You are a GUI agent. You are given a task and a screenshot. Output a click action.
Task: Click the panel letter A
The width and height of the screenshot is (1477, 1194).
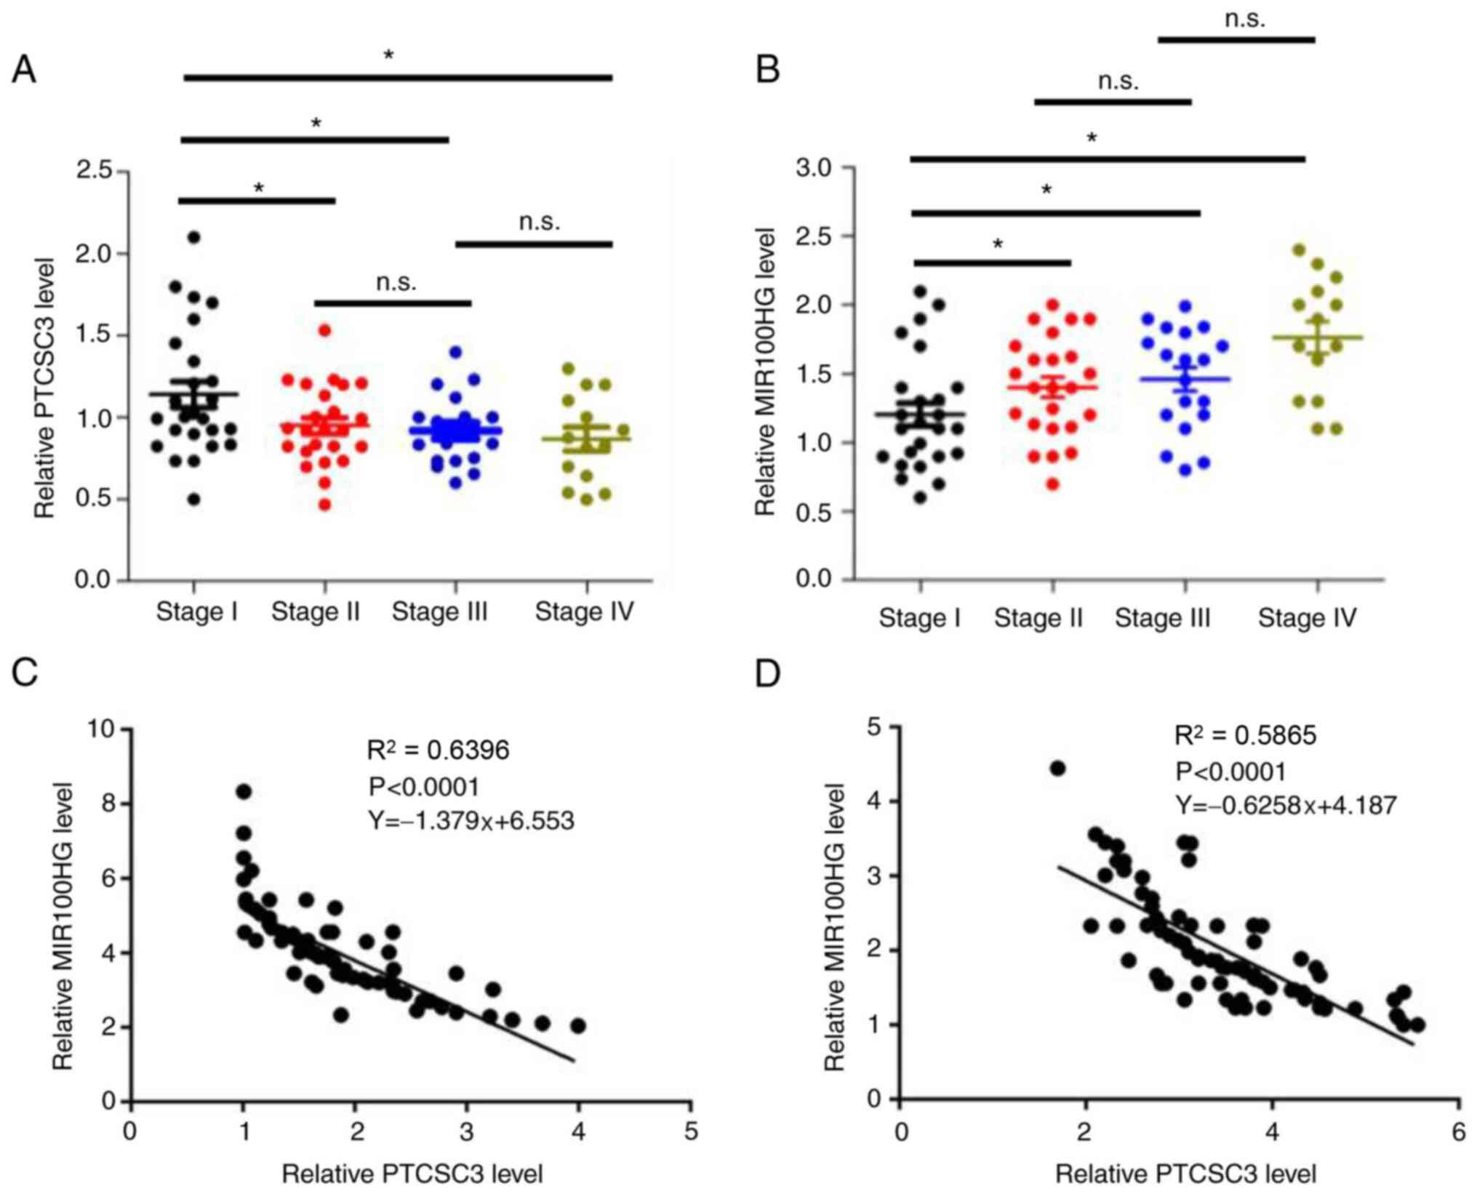[x=24, y=71]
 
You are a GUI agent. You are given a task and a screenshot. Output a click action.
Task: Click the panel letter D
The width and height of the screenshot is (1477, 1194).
[x=768, y=674]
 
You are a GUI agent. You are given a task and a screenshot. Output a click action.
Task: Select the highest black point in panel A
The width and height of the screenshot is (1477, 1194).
[x=193, y=237]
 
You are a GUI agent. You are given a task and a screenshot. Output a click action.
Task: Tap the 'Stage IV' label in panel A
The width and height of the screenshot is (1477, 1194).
[x=584, y=612]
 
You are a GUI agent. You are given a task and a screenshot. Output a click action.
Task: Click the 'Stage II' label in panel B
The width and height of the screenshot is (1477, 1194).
[x=1038, y=618]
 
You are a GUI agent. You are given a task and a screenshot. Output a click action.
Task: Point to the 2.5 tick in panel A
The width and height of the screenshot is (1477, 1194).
[x=96, y=172]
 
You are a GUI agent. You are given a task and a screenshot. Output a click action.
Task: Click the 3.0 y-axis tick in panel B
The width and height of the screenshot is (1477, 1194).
[x=813, y=168]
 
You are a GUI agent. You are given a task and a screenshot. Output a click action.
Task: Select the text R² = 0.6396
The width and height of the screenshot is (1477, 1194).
[x=438, y=750]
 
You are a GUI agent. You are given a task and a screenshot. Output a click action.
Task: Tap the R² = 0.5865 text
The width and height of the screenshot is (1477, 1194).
[x=1245, y=736]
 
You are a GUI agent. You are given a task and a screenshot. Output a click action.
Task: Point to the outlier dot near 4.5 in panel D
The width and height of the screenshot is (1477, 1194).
[x=1057, y=769]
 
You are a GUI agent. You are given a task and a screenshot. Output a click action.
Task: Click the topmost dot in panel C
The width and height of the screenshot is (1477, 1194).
[x=244, y=791]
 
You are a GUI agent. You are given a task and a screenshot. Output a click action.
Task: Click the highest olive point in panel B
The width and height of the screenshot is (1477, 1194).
[x=1300, y=249]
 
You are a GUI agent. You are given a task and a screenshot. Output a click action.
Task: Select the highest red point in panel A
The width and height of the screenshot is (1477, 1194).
[x=325, y=330]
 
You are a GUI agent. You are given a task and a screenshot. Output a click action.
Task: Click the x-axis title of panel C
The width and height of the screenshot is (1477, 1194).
[x=412, y=1174]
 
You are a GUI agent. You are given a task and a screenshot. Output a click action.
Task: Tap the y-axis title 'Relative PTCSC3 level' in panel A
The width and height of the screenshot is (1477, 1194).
[x=45, y=388]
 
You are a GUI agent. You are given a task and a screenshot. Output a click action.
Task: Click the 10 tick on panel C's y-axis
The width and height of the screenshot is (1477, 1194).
[x=102, y=728]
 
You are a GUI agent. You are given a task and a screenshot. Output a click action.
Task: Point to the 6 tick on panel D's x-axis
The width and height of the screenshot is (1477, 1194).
[x=1458, y=1133]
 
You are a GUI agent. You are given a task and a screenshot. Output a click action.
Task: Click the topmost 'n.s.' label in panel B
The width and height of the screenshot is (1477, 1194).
[x=1244, y=20]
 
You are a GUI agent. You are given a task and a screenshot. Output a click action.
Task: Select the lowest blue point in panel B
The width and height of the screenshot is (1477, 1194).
[x=1185, y=470]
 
